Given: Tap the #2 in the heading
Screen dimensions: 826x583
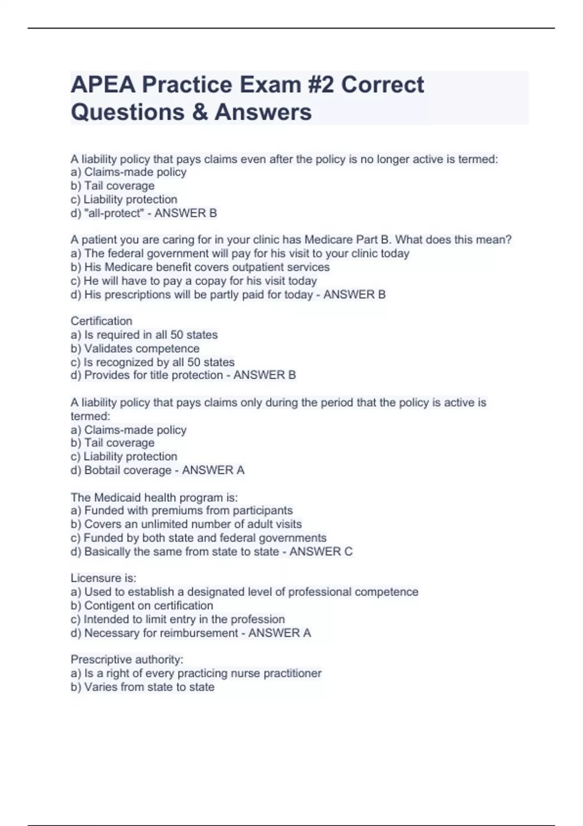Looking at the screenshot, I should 321,85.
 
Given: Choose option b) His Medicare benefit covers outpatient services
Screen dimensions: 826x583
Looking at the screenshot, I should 200,267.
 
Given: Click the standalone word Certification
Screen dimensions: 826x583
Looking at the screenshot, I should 102,321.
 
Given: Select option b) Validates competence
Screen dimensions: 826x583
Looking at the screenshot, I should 135,348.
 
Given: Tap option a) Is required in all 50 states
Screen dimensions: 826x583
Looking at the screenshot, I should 144,335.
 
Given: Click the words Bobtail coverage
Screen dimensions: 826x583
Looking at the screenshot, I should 128,470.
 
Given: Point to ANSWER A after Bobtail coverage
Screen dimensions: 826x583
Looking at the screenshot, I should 213,470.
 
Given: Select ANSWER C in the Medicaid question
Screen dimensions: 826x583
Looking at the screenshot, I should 321,551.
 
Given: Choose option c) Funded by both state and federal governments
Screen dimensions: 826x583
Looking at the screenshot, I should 199,538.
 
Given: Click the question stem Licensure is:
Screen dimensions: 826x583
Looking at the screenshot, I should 103,578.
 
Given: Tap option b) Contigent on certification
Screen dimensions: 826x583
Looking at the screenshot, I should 142,605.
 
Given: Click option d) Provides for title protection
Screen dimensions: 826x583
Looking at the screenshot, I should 147,375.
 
